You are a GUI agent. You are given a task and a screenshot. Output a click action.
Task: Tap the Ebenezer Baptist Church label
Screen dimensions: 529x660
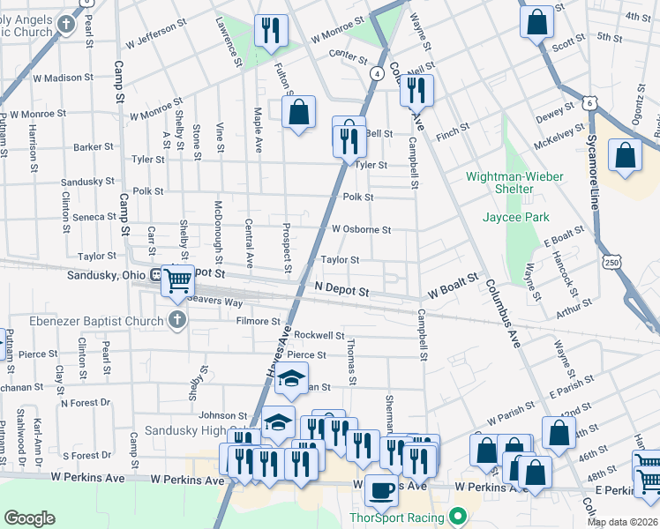coord(82,319)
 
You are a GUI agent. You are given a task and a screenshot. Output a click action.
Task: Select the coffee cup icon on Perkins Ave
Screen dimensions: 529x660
coord(381,490)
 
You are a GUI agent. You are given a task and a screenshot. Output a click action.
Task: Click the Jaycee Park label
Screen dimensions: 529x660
coord(516,217)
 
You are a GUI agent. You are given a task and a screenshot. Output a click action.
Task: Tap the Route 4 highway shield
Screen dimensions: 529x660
coord(377,73)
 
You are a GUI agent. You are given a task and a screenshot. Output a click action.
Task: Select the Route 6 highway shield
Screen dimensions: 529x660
coord(589,104)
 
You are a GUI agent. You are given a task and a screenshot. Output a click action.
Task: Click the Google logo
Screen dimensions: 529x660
coord(30,518)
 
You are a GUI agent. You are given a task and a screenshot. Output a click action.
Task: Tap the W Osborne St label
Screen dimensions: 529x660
coord(361,229)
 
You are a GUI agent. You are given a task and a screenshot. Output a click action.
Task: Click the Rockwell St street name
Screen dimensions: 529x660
coord(319,335)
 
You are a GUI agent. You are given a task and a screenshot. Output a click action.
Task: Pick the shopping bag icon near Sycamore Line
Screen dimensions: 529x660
coord(626,155)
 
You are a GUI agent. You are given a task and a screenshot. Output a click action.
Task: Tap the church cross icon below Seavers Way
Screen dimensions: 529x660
coord(177,319)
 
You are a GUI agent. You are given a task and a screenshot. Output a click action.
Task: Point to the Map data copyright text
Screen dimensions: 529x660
coord(622,522)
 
